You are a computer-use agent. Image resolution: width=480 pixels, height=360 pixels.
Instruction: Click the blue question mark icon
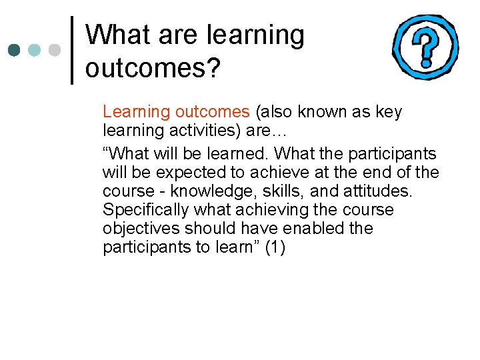425,47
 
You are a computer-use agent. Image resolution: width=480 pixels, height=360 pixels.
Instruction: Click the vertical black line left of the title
72,50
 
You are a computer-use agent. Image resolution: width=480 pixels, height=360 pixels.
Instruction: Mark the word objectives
141,229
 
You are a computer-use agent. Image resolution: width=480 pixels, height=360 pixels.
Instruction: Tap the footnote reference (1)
275,247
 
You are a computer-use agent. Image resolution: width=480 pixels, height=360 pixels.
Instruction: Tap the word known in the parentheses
315,111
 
